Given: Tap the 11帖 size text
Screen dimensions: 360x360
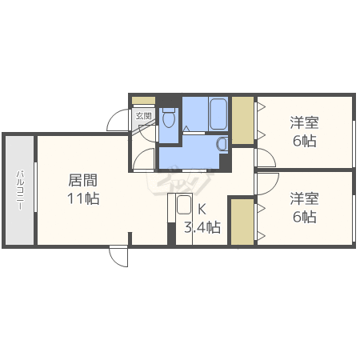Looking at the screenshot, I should (83, 198).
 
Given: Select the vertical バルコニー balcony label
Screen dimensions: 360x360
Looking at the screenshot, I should (20, 190).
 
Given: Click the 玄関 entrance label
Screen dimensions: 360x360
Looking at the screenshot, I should (143, 116).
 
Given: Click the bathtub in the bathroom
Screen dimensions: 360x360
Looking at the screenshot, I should (217, 113).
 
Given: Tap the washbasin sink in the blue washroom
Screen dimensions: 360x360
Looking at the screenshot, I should (222, 143).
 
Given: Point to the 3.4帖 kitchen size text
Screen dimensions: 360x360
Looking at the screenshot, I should (202, 227).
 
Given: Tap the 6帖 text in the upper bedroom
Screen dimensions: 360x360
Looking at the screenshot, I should (304, 142).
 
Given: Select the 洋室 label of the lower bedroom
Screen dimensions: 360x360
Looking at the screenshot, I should (304, 198).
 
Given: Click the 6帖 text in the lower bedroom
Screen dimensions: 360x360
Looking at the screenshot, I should (304, 217).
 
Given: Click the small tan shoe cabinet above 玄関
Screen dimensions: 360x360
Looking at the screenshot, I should (143, 101).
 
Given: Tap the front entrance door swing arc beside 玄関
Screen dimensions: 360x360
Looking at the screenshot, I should (119, 118).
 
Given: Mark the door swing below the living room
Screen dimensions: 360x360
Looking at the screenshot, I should (118, 257).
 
